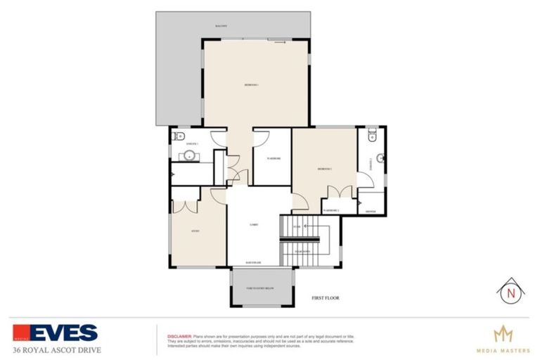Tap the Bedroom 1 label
[252, 85]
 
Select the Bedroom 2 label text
[324, 169]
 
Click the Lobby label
[254, 225]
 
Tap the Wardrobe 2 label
[331, 210]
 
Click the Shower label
[371, 210]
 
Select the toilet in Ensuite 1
[179, 136]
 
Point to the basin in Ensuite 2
[380, 157]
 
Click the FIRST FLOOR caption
[325, 298]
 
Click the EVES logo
[55, 332]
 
